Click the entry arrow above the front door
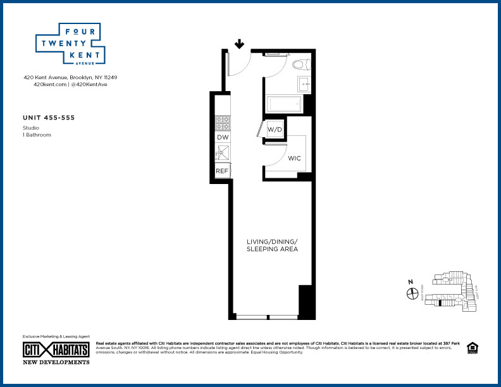click(x=240, y=44)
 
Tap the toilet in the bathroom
click(x=300, y=64)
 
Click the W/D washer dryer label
click(x=274, y=130)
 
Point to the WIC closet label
click(x=294, y=158)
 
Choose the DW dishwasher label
click(x=223, y=137)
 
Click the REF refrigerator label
click(x=222, y=171)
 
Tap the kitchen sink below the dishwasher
click(x=223, y=152)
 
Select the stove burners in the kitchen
click(x=223, y=121)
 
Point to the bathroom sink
click(x=304, y=83)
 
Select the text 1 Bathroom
click(x=37, y=135)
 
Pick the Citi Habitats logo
click(x=56, y=350)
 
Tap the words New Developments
click(x=56, y=362)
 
